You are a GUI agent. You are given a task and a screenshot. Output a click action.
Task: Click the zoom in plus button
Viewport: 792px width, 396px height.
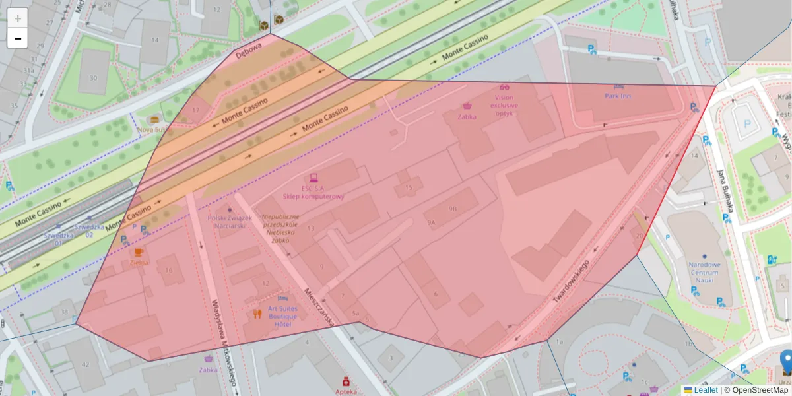click(x=18, y=18)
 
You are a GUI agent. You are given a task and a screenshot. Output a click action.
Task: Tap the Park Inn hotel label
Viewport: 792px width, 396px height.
click(x=618, y=96)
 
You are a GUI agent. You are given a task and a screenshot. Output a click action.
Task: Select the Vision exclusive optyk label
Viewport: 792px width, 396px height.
click(x=506, y=105)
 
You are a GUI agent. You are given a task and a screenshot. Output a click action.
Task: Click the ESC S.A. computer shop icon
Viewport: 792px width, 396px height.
click(x=313, y=178)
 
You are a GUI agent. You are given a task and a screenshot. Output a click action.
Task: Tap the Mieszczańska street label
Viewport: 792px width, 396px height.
click(x=317, y=306)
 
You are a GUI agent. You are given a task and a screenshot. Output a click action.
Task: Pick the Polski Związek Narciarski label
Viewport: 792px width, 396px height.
click(x=230, y=222)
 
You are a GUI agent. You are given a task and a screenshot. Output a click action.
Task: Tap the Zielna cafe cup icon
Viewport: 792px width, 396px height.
click(x=139, y=252)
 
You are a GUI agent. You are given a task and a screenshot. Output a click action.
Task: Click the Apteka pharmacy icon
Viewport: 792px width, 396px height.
click(x=345, y=381)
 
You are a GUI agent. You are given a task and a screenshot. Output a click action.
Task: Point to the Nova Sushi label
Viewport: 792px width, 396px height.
click(x=153, y=129)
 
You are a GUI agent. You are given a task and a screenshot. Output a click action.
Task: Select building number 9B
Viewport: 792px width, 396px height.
click(x=452, y=209)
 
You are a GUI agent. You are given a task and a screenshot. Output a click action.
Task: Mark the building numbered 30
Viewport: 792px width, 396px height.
click(x=93, y=78)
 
